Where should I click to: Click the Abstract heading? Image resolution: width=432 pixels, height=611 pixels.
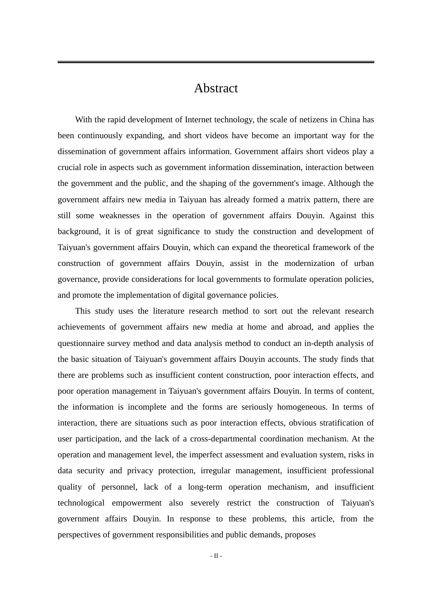tap(216, 88)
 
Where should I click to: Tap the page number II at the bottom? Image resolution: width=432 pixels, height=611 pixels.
tap(216, 556)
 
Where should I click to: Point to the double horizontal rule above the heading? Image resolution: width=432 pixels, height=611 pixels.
tap(216, 62)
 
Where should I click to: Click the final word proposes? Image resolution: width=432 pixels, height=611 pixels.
tap(300, 535)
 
